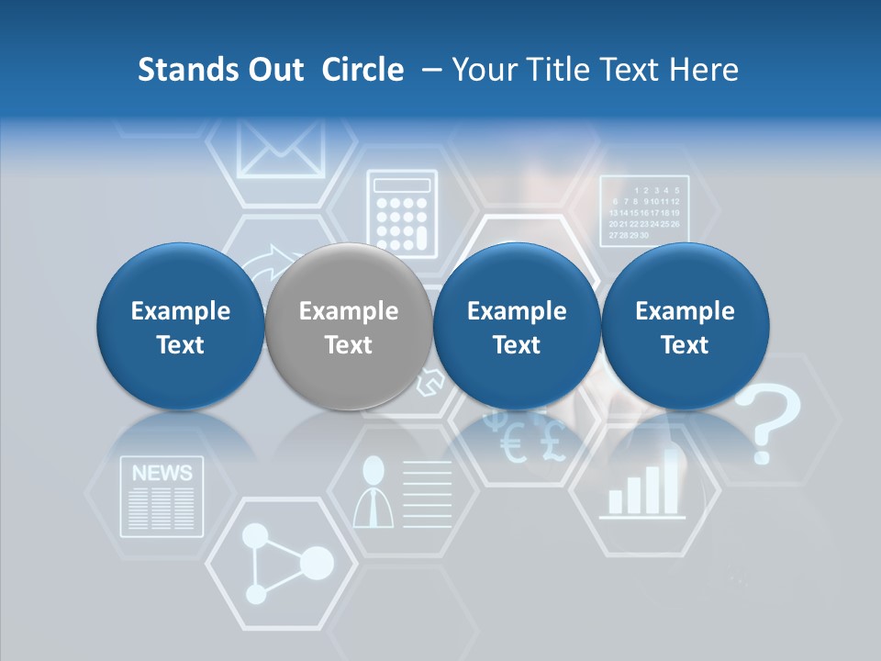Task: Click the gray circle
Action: (x=348, y=327)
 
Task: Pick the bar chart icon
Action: (x=645, y=487)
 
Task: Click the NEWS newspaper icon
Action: (x=162, y=497)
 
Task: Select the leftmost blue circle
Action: (x=180, y=327)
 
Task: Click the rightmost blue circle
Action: (x=685, y=327)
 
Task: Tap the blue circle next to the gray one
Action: (x=516, y=327)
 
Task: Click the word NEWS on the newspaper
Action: (x=162, y=474)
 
